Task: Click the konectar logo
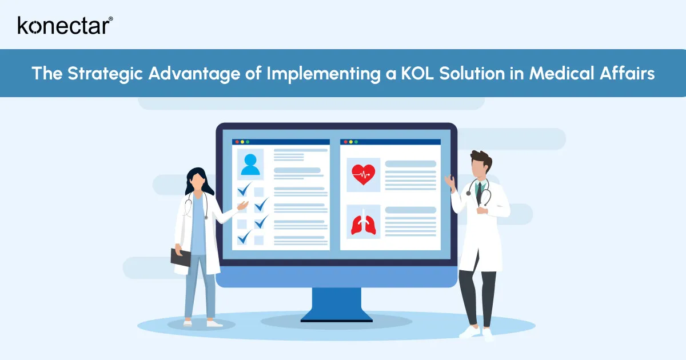65,25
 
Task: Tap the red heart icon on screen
363,174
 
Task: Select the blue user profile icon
250,164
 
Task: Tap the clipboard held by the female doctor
181,257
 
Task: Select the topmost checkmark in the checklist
245,190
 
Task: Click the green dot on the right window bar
355,141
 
